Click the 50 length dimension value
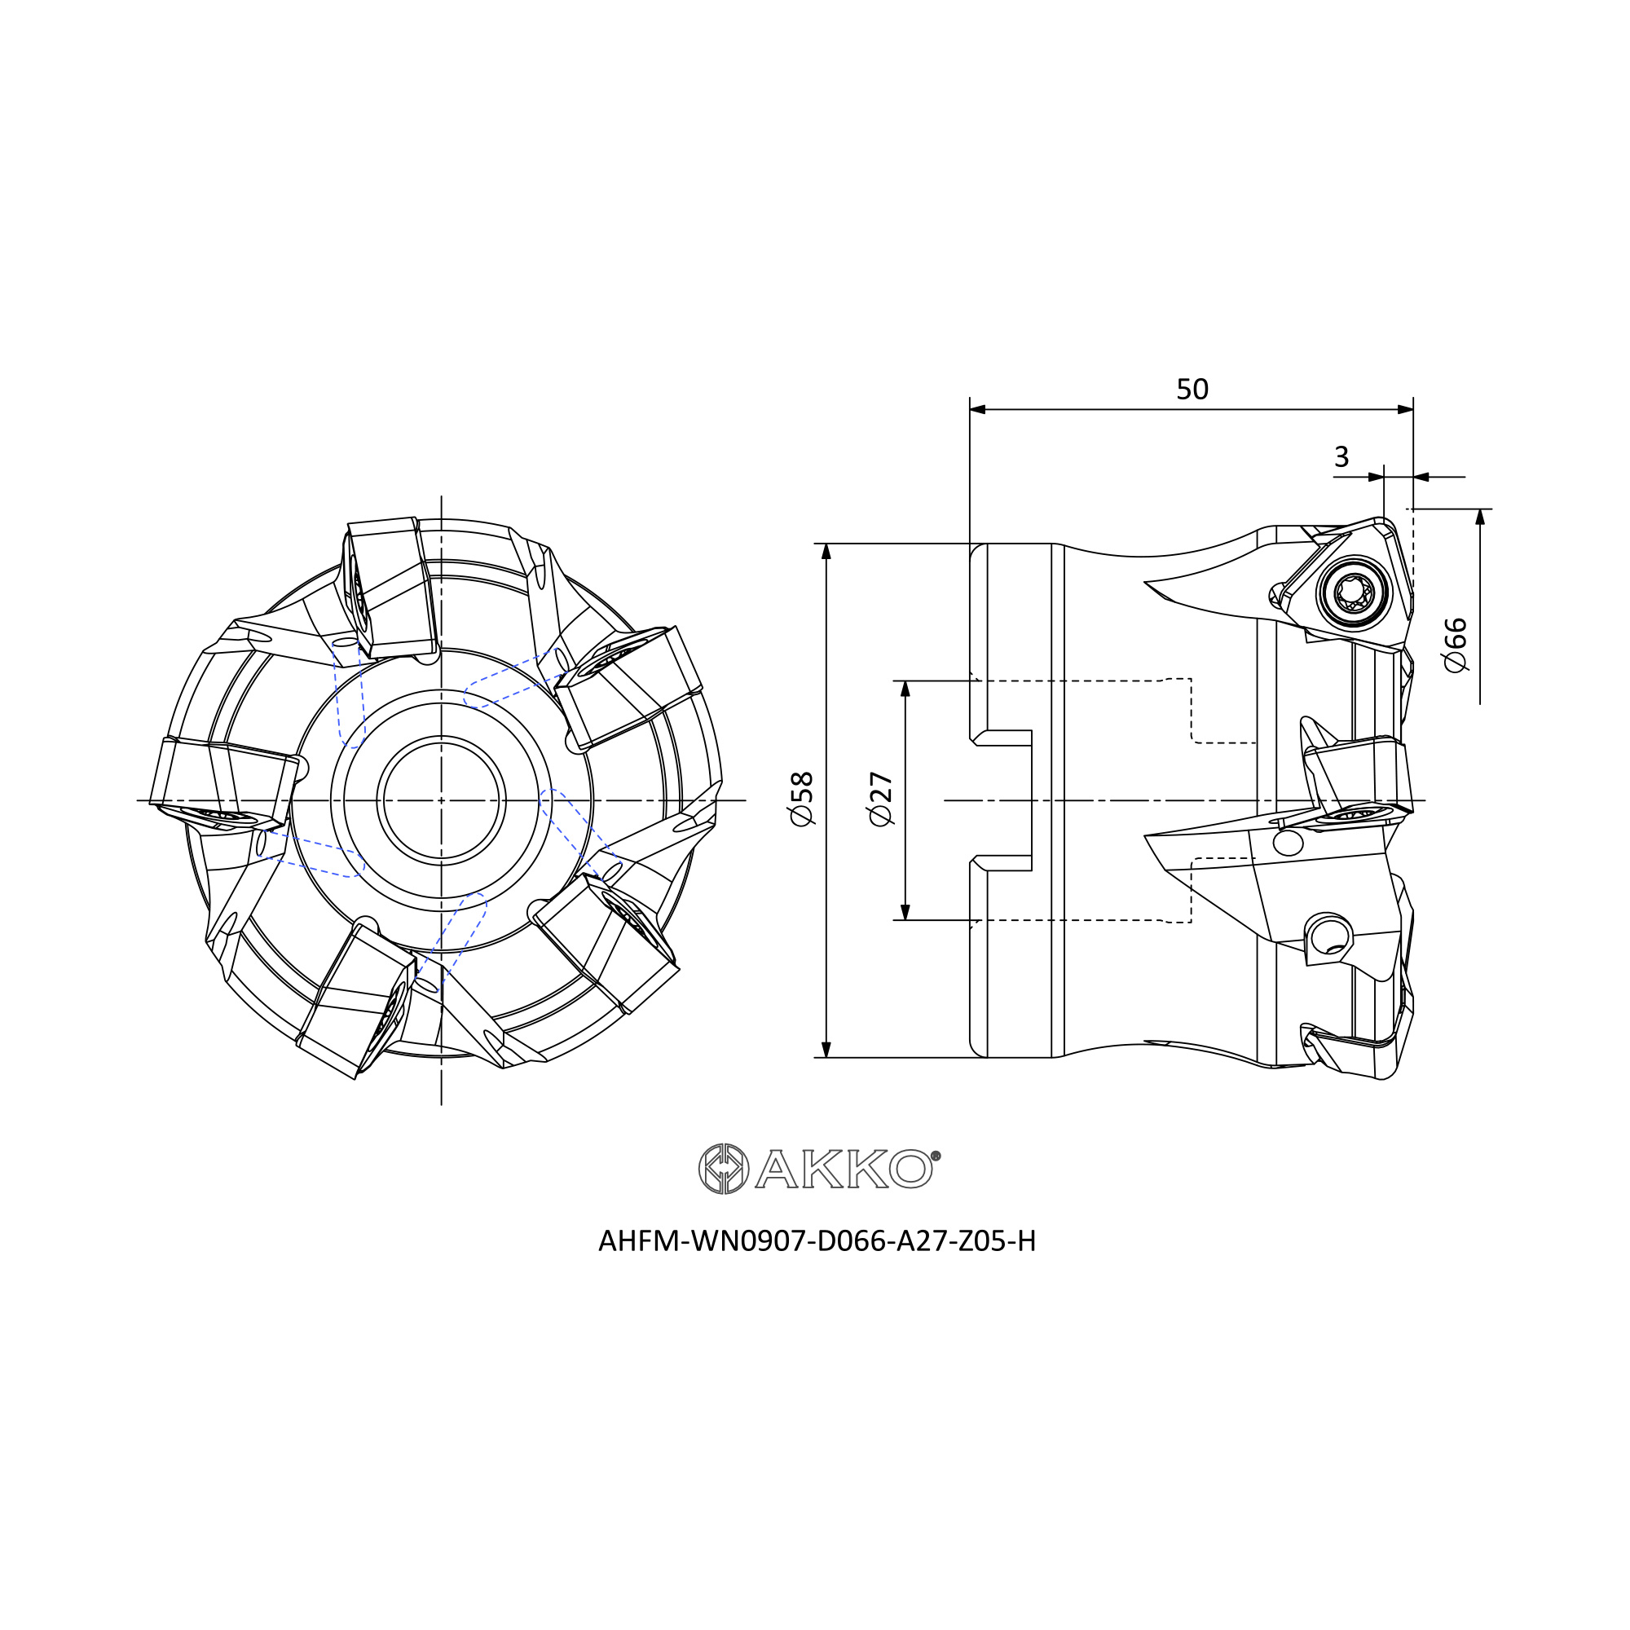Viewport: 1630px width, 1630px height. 1192,389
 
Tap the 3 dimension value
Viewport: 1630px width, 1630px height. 1341,456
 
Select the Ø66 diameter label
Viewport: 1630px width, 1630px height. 1456,645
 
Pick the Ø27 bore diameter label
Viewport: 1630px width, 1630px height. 881,798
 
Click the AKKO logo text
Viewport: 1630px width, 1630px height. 844,1169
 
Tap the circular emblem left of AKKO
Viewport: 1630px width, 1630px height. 724,1169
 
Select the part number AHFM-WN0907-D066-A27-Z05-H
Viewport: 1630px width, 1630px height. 817,1241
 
